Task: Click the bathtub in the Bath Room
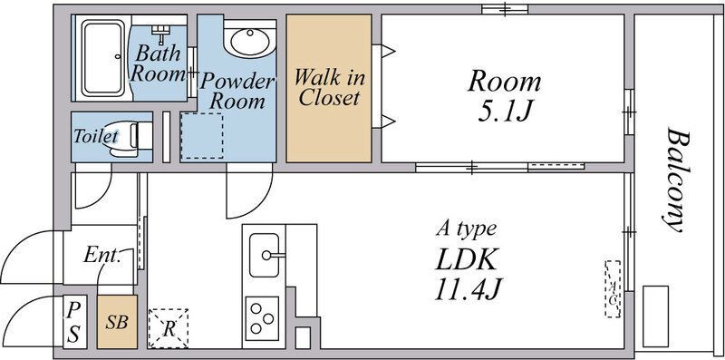(x=102, y=58)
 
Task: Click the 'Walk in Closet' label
(x=329, y=86)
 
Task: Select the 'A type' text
(x=467, y=229)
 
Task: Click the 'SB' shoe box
(x=117, y=322)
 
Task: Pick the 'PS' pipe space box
(x=73, y=321)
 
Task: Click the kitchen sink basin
(x=266, y=253)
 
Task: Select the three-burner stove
(x=264, y=318)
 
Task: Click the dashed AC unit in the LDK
(x=613, y=288)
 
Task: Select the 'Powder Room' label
(x=237, y=91)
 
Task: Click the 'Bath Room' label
(x=159, y=63)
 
